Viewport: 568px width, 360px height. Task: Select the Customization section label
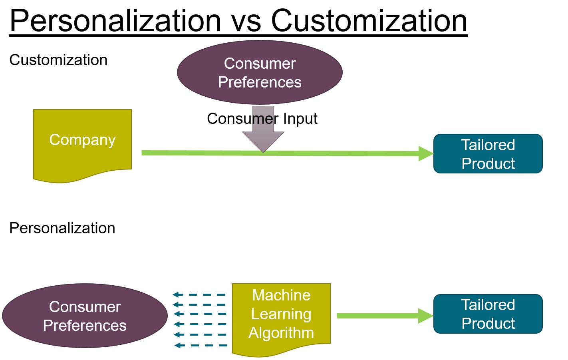pyautogui.click(x=58, y=60)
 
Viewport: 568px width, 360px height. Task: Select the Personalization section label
pyautogui.click(x=62, y=228)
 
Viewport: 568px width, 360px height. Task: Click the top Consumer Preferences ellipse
pyautogui.click(x=260, y=73)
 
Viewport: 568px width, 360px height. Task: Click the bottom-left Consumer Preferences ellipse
pyautogui.click(x=85, y=316)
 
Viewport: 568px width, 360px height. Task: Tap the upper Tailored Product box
pyautogui.click(x=488, y=154)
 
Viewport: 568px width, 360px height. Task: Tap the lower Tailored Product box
pyautogui.click(x=488, y=314)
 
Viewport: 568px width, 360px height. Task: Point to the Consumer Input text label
pyautogui.click(x=262, y=119)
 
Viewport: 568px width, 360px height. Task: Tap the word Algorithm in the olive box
pyautogui.click(x=281, y=333)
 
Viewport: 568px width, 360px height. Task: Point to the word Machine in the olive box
pyautogui.click(x=281, y=295)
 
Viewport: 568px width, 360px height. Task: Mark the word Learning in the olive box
pyautogui.click(x=281, y=314)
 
